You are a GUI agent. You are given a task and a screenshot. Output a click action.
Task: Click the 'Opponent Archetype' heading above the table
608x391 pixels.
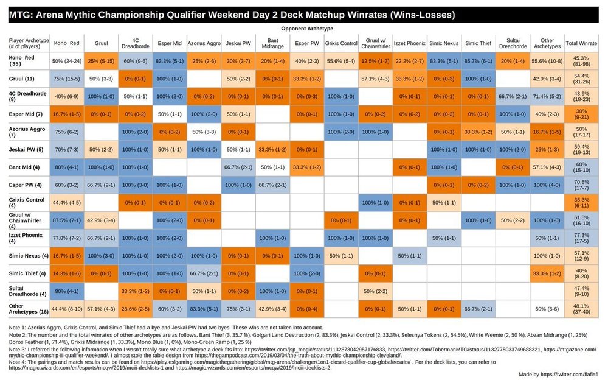point(306,29)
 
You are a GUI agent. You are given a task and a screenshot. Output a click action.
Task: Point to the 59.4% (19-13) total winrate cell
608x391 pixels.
point(581,149)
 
